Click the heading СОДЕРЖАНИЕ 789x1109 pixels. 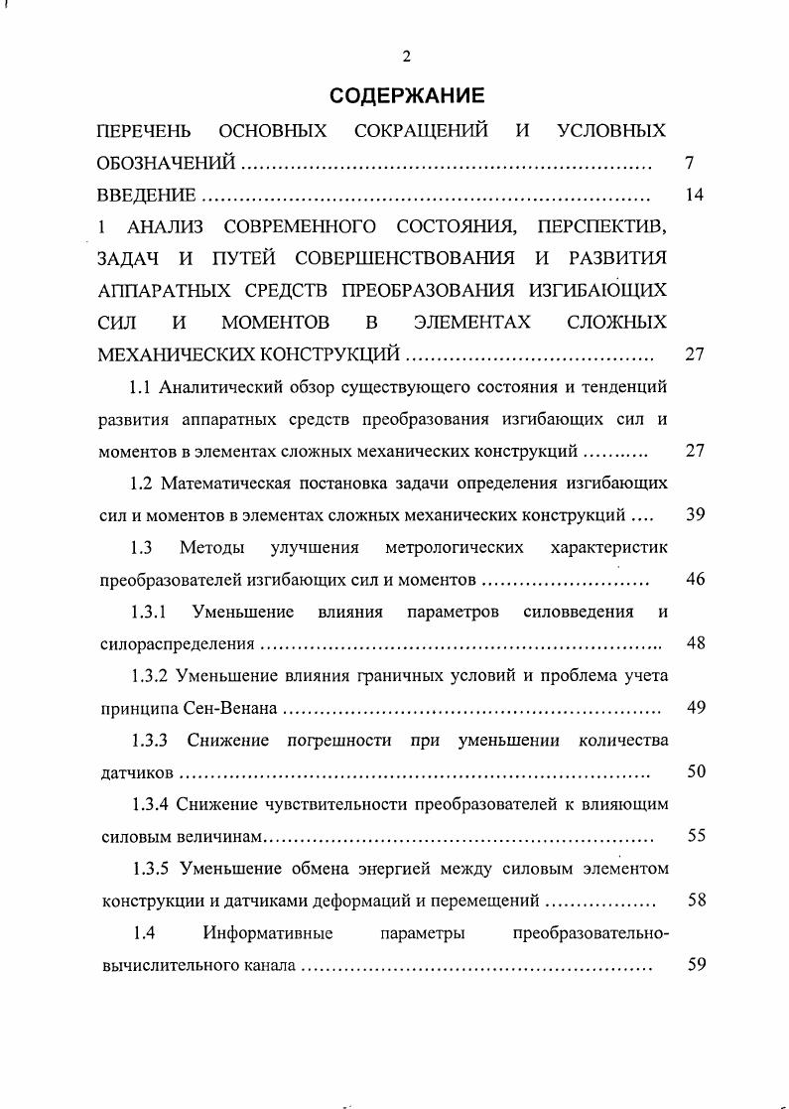[407, 96]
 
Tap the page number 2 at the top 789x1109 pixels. [407, 56]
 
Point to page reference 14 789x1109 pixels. [695, 196]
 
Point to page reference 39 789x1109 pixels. [695, 514]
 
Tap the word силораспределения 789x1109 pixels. [178, 644]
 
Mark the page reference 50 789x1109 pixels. [696, 771]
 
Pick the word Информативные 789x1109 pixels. [267, 932]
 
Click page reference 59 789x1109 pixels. [696, 964]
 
